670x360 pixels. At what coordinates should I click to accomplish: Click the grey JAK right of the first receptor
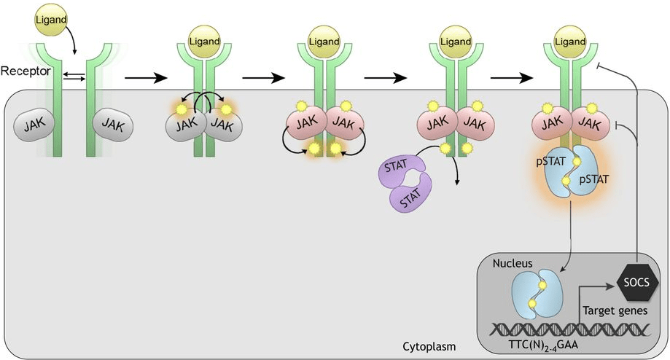click(x=113, y=127)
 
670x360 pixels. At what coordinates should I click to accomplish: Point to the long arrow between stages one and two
click(x=147, y=75)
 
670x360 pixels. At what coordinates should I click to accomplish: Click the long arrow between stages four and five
click(x=515, y=75)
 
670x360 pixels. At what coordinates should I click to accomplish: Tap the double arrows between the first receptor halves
click(x=71, y=75)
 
